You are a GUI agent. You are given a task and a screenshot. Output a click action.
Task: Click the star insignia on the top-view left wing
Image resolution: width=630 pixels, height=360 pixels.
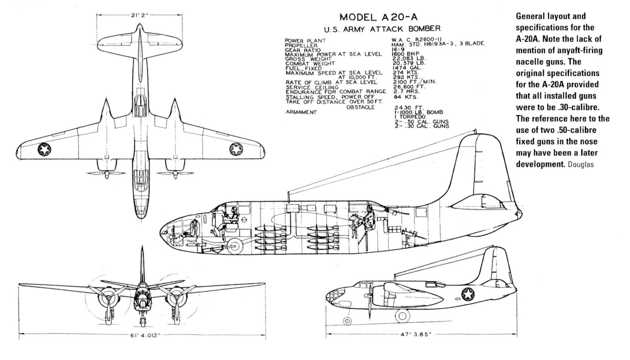(44, 148)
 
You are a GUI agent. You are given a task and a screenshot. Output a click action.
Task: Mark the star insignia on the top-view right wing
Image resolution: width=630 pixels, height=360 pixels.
(236, 149)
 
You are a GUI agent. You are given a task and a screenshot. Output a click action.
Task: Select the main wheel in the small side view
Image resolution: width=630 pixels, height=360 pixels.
(402, 316)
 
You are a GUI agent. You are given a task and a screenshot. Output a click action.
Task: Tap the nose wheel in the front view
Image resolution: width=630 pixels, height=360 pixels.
(142, 321)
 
